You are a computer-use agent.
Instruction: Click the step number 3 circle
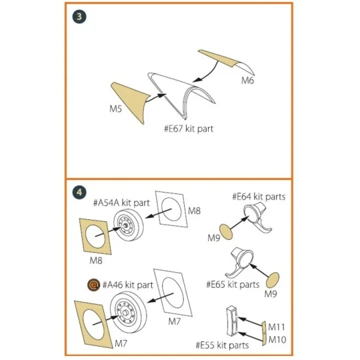tap(79, 17)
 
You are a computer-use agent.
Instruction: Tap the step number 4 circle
tap(79, 192)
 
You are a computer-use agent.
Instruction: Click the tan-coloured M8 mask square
tap(98, 235)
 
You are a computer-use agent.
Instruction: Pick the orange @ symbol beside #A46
tap(93, 285)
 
